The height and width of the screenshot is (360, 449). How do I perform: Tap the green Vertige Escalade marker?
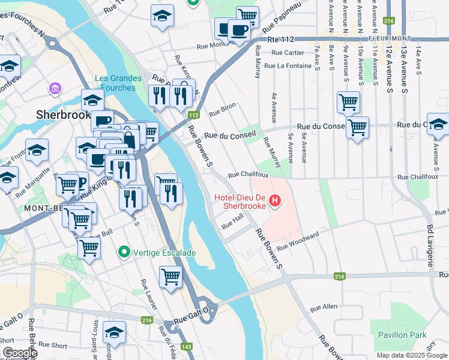point(124,253)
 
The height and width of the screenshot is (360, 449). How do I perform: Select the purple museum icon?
point(55,89)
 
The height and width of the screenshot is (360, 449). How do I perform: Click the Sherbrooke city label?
point(62,114)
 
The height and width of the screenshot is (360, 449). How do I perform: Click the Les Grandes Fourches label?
point(118,83)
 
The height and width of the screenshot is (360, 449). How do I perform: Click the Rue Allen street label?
point(324,307)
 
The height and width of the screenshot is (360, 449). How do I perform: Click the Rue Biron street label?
point(222,111)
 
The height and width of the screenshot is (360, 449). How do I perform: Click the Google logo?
point(20,353)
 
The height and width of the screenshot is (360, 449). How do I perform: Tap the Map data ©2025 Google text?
point(411,355)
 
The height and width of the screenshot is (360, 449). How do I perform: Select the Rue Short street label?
point(56,345)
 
